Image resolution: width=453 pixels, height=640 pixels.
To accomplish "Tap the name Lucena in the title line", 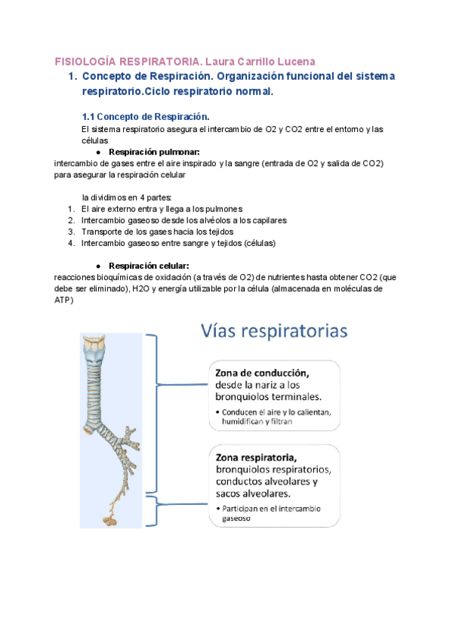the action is (294, 61).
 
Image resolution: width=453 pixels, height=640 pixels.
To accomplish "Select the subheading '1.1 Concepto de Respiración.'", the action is (145, 117).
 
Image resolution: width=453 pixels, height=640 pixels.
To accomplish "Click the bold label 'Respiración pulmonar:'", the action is (154, 152).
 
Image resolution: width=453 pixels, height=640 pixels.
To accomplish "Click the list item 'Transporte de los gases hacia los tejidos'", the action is (157, 232).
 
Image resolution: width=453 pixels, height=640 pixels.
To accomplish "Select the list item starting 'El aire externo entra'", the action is (162, 209).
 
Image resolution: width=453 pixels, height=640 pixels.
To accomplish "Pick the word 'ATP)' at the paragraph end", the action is (65, 300).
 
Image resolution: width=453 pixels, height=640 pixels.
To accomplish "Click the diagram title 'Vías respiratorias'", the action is (274, 331).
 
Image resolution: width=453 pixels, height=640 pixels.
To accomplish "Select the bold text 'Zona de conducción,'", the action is (263, 373).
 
